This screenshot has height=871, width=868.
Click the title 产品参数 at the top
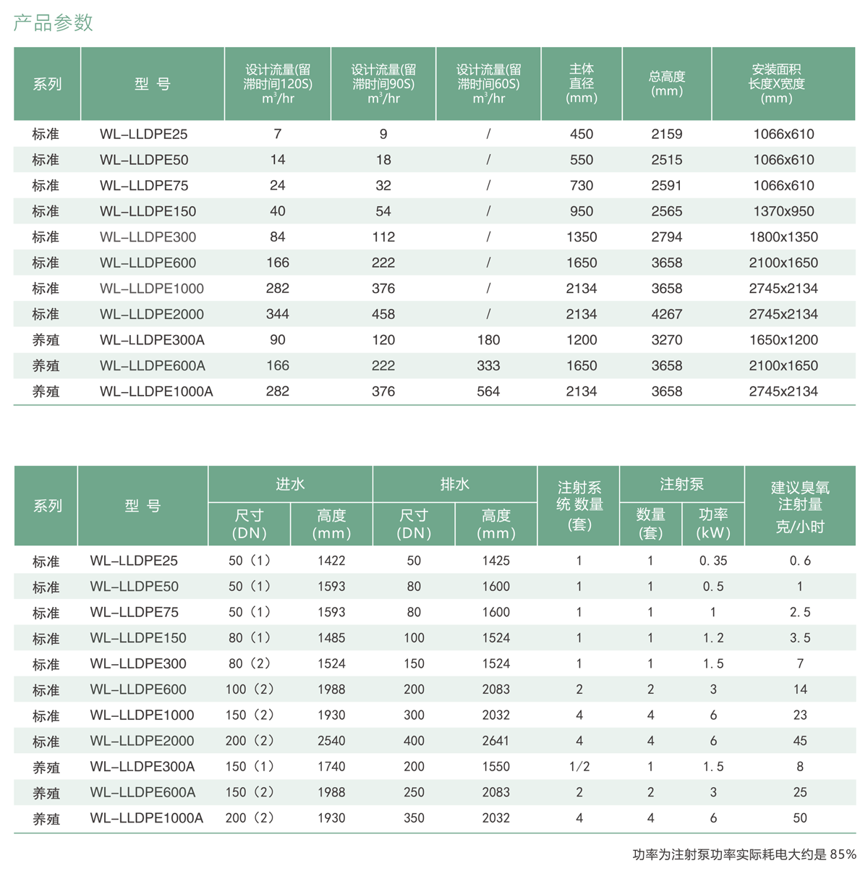54,23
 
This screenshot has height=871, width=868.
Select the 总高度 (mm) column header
666,84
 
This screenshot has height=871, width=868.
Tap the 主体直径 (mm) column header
581,84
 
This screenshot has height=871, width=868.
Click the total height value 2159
666,134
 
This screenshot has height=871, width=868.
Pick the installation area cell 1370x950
783,211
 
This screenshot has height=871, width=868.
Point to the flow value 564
488,391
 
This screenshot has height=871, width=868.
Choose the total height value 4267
666,314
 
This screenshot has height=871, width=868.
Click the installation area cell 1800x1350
783,237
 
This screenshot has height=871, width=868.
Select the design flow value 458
383,314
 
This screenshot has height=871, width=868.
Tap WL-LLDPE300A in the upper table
152,340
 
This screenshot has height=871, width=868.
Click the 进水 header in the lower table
290,485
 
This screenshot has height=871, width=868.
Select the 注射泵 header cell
681,485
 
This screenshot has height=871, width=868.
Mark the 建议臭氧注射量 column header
799,506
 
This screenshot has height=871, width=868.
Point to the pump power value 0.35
713,561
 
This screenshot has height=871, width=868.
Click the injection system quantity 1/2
579,767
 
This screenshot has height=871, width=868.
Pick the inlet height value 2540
331,741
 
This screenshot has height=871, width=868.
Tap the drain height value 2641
496,741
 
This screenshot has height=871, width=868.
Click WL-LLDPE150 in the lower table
138,638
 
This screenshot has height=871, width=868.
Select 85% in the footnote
843,854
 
